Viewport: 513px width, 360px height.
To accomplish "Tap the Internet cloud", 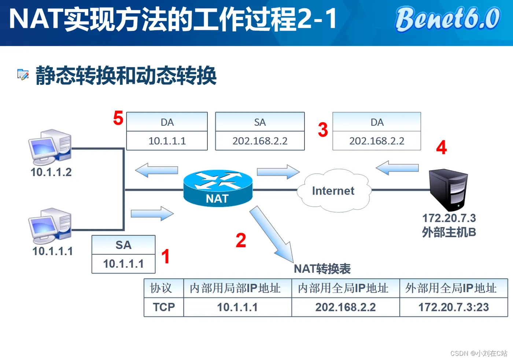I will [333, 191].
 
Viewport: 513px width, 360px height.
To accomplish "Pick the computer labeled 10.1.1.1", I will [50, 226].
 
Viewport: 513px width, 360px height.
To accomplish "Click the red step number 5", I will [118, 118].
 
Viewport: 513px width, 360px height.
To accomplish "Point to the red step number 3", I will [323, 130].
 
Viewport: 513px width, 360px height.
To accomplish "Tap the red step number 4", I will [441, 148].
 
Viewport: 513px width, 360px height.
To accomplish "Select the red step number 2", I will [241, 241].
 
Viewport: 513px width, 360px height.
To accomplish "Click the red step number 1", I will [165, 256].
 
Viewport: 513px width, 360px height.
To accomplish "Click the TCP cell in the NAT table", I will [164, 307].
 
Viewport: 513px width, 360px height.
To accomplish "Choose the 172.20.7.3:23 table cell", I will [454, 307].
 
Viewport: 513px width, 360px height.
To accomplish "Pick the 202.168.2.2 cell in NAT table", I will [346, 307].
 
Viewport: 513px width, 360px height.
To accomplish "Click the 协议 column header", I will [161, 288].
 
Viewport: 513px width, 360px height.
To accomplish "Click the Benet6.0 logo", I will [448, 19].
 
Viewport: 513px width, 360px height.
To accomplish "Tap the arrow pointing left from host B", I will [397, 168].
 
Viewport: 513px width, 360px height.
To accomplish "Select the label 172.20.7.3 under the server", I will [449, 218].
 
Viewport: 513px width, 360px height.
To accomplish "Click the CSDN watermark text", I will [479, 353].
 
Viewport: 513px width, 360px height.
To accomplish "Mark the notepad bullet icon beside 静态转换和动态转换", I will [23, 74].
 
